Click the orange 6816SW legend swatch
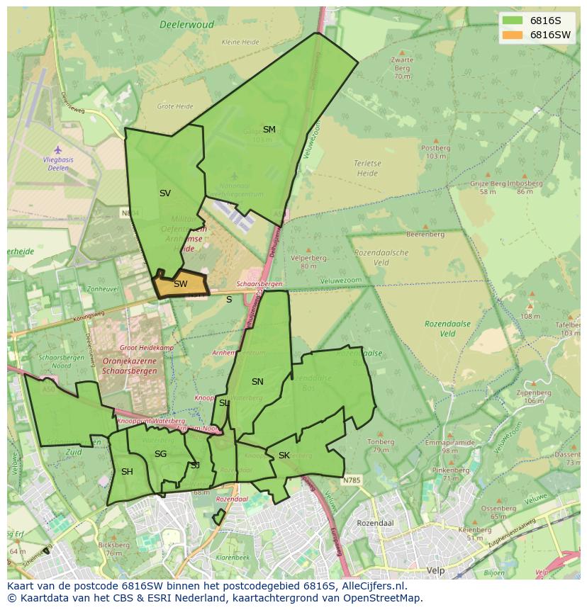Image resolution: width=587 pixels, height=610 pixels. (514, 35)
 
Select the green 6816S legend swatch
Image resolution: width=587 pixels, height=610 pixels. (514, 21)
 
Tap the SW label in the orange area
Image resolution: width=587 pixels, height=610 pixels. (181, 284)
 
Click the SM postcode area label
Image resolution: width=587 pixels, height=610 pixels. (269, 129)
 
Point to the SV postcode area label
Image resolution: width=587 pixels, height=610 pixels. (164, 193)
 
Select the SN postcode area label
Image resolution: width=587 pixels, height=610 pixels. (257, 381)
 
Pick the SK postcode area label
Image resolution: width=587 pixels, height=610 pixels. (284, 455)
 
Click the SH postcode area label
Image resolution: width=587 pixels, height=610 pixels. (127, 471)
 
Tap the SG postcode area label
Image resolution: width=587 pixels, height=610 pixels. (160, 453)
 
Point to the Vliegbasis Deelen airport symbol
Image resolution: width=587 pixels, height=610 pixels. (58, 150)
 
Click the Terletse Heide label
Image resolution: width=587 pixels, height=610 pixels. (367, 167)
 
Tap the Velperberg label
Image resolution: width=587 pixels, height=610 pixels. (308, 259)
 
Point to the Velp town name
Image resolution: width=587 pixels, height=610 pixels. (435, 570)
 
